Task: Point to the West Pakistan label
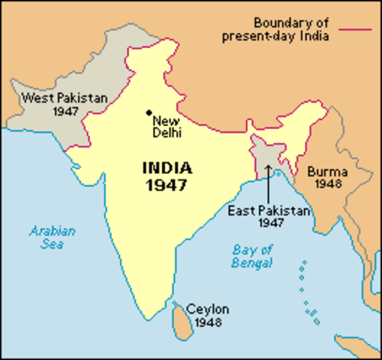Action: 65,97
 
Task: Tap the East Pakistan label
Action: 268,211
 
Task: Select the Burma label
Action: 329,169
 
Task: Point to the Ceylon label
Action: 208,309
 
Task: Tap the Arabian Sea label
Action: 53,237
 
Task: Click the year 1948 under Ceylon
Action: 208,322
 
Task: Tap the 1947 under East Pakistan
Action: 268,223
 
